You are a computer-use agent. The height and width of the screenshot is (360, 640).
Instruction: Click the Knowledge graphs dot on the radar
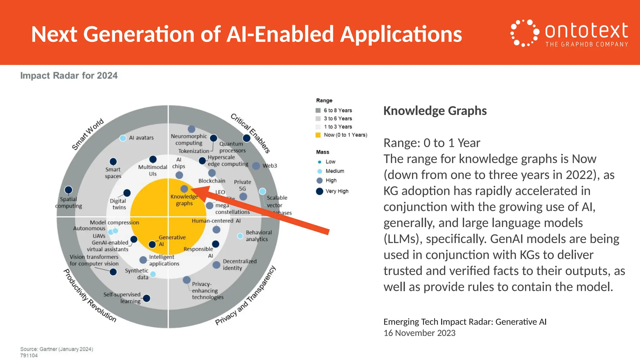point(184,189)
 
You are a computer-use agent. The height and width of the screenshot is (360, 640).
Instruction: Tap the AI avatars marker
point(123,138)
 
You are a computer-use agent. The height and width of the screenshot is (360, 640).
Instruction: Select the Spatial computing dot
point(68,190)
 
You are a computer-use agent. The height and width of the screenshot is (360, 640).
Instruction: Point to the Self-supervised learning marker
point(146,298)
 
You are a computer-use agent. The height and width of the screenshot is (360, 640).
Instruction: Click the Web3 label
point(270,166)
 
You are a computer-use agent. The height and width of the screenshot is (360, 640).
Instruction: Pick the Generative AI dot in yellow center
point(152,244)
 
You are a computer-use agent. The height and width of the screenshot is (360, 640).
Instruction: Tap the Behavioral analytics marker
point(240,236)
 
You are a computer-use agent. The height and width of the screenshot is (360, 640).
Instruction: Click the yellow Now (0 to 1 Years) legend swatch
point(318,135)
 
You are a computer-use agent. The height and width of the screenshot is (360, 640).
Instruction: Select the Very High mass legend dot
point(319,191)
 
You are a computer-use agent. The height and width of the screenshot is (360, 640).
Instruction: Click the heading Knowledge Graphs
point(435,111)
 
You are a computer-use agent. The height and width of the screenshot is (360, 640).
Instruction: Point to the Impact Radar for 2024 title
point(69,76)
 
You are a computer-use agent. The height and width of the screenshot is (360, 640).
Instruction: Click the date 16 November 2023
point(419,333)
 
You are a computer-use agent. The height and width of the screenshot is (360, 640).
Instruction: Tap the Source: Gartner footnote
point(57,349)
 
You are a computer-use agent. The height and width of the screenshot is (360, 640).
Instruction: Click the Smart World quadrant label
point(87,134)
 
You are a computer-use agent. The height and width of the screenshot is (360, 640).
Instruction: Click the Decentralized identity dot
point(216,265)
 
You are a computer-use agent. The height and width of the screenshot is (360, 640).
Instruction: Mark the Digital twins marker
point(127,193)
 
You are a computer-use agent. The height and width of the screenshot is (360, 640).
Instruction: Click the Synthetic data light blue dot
point(153,274)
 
